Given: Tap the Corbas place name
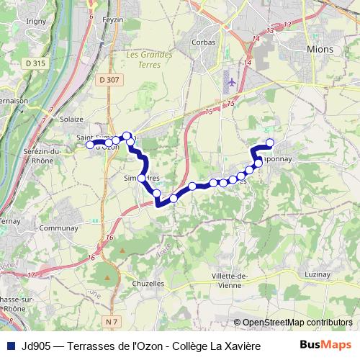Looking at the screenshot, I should coord(203,42).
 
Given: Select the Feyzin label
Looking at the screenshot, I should coord(114,20).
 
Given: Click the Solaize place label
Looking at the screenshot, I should coord(72,119).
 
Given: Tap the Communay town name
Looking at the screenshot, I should coord(59,228).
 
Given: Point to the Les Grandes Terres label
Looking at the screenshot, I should coord(149,58).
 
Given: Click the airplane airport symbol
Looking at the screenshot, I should coord(231,81).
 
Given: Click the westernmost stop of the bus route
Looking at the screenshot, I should coord(91,145).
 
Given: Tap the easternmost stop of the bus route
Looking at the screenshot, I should coord(271,143).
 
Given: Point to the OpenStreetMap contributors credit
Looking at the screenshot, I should coord(293,323).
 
